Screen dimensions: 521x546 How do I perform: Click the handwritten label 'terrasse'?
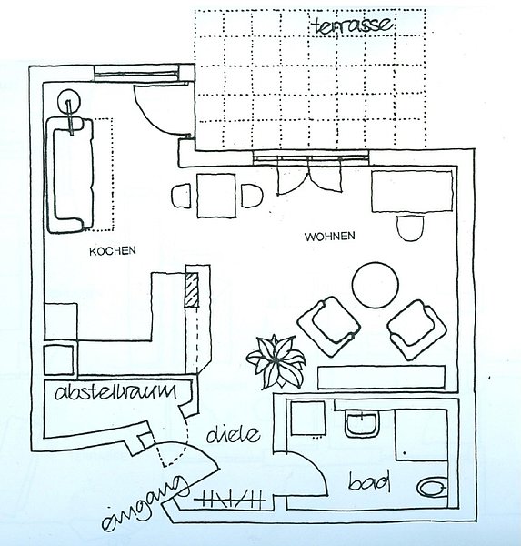click(354, 25)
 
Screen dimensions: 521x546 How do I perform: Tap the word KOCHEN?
click(113, 251)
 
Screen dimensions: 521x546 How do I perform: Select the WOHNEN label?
click(329, 237)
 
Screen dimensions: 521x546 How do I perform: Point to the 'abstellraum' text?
click(115, 391)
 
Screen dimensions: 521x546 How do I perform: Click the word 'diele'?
click(233, 435)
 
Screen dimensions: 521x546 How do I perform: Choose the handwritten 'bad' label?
click(369, 481)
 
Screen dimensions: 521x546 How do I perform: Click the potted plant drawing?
click(276, 362)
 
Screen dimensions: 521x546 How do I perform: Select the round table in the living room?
click(375, 285)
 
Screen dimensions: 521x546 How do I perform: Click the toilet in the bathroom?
click(432, 489)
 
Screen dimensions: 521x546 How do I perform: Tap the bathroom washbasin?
click(362, 425)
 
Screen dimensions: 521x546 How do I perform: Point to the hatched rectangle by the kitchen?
click(192, 290)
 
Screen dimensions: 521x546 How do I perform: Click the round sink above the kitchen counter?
click(69, 101)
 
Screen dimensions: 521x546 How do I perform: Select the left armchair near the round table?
click(328, 327)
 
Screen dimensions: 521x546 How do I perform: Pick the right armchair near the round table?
click(416, 329)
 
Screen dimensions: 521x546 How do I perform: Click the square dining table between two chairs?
click(216, 196)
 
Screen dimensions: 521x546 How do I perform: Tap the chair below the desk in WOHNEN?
click(411, 227)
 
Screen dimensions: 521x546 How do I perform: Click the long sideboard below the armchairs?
click(381, 378)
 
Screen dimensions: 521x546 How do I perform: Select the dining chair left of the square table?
click(181, 196)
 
